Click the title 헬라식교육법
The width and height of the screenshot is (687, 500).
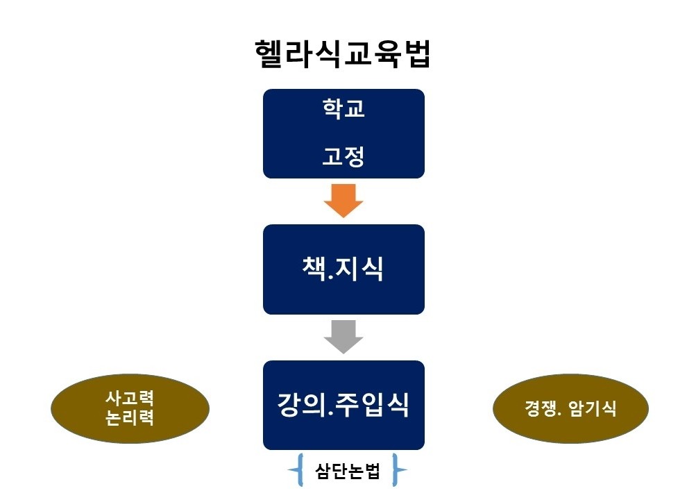[x=343, y=54]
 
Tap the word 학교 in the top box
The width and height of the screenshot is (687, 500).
[x=343, y=108]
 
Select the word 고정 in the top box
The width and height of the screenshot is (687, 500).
[x=343, y=156]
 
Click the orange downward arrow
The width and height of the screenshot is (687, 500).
[x=343, y=201]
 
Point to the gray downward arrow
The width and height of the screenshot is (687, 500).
[x=343, y=337]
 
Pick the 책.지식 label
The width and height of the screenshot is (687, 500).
[x=343, y=269]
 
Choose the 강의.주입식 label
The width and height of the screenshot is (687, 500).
[x=343, y=404]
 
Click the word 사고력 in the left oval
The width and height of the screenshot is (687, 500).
[x=130, y=398]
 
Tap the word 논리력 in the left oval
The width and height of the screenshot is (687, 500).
[x=130, y=417]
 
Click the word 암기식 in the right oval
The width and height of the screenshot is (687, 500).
[x=593, y=408]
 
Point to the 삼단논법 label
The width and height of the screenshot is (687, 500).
[x=348, y=471]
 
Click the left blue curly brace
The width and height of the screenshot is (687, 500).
[x=296, y=470]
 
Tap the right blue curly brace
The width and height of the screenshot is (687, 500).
[x=398, y=470]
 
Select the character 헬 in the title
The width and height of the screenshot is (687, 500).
[x=269, y=54]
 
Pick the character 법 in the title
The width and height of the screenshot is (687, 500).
[x=416, y=54]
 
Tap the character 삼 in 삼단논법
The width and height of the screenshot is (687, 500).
[x=323, y=471]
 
